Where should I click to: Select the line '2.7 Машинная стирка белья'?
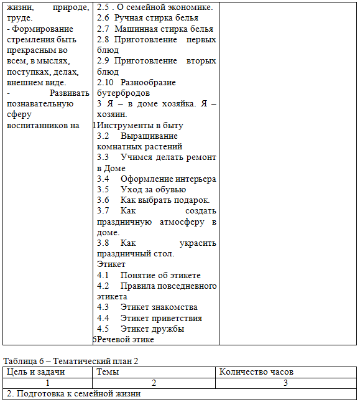(x=155, y=29)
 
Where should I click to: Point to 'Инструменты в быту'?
(x=140, y=125)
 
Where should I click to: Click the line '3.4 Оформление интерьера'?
(x=156, y=179)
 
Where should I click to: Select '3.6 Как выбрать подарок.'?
(x=153, y=200)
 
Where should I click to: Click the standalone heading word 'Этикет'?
(x=111, y=264)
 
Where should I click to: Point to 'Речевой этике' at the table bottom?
(x=126, y=339)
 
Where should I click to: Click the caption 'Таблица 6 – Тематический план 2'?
(x=71, y=361)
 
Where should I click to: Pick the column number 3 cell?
(x=285, y=383)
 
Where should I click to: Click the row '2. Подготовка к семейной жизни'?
(x=73, y=394)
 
